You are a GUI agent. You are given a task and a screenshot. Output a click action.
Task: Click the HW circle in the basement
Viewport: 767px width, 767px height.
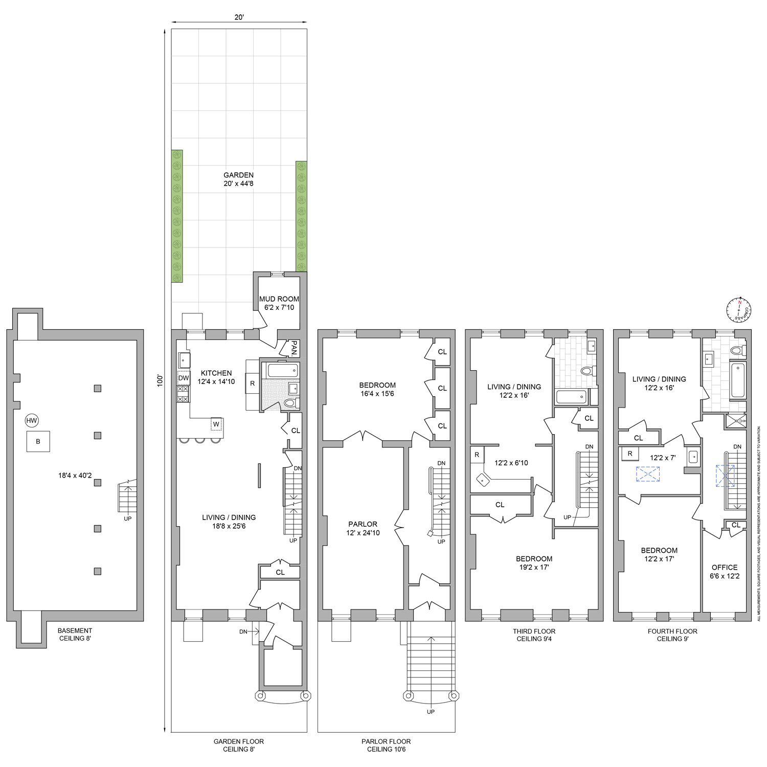click(x=32, y=421)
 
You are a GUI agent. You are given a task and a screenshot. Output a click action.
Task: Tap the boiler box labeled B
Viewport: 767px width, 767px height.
click(x=38, y=441)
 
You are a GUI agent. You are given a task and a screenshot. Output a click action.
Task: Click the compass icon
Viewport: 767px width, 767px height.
click(x=739, y=309)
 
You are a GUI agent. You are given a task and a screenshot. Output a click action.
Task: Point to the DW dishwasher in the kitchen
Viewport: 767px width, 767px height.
click(x=184, y=378)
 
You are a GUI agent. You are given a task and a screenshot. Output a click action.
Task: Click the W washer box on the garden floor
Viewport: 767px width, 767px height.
click(x=216, y=424)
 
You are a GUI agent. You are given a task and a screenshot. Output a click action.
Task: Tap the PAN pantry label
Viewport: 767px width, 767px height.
click(x=294, y=349)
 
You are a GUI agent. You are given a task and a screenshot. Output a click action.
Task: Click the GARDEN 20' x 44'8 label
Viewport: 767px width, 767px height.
click(x=238, y=179)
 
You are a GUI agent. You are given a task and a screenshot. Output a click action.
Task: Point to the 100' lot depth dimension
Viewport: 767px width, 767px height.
click(x=160, y=380)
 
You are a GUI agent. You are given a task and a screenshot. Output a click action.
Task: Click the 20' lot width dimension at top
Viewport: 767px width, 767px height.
click(x=239, y=17)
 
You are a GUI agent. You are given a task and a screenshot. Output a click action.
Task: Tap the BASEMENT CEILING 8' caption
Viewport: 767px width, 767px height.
click(x=75, y=634)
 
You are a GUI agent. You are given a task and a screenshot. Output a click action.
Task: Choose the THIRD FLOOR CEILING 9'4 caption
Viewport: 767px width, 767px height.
click(x=534, y=635)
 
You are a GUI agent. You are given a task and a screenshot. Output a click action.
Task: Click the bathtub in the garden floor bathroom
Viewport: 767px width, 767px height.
click(x=280, y=370)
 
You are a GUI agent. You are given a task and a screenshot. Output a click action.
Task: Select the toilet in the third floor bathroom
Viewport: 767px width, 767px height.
click(x=588, y=371)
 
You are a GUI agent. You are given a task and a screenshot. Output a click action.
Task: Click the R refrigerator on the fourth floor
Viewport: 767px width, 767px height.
click(x=630, y=454)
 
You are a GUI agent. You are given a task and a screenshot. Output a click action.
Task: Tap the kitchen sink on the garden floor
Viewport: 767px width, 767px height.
click(x=184, y=360)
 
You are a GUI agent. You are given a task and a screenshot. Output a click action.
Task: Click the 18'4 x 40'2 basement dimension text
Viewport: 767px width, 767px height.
click(x=75, y=476)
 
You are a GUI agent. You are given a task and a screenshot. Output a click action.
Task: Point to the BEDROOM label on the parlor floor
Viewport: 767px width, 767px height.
click(x=377, y=389)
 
